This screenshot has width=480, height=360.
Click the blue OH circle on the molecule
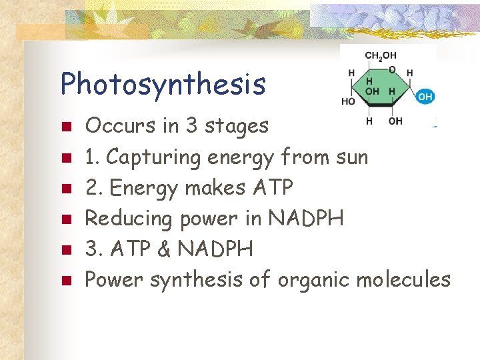[425, 97]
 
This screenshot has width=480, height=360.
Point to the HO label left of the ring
[348, 101]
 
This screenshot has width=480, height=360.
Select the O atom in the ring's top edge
[392, 69]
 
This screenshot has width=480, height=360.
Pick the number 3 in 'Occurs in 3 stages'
[192, 125]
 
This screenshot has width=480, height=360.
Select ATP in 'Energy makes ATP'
[273, 188]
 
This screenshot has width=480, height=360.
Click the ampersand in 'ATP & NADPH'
[159, 249]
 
